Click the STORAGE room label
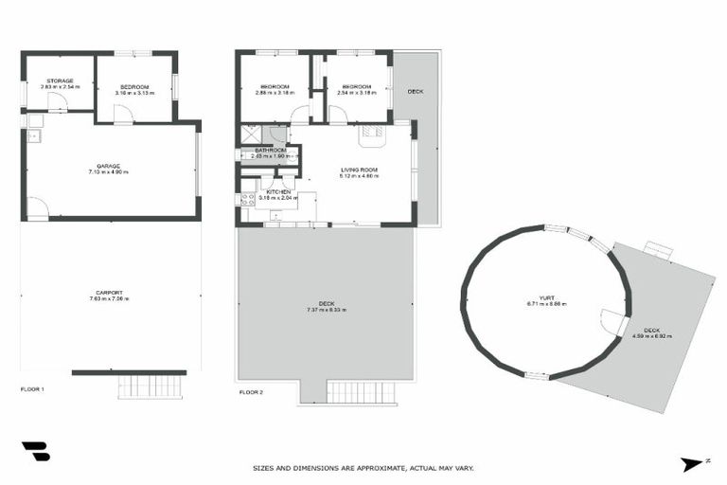60,81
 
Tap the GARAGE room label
107,166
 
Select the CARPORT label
109,293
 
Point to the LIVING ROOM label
360,170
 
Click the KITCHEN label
278,191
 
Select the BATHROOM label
269,150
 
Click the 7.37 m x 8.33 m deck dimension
326,310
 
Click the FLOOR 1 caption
33,389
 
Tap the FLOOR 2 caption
251,391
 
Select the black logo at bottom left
35,452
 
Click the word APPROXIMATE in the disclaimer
373,468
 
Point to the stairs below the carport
150,386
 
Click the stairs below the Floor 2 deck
357,392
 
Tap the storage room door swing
58,101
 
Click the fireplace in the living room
369,134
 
